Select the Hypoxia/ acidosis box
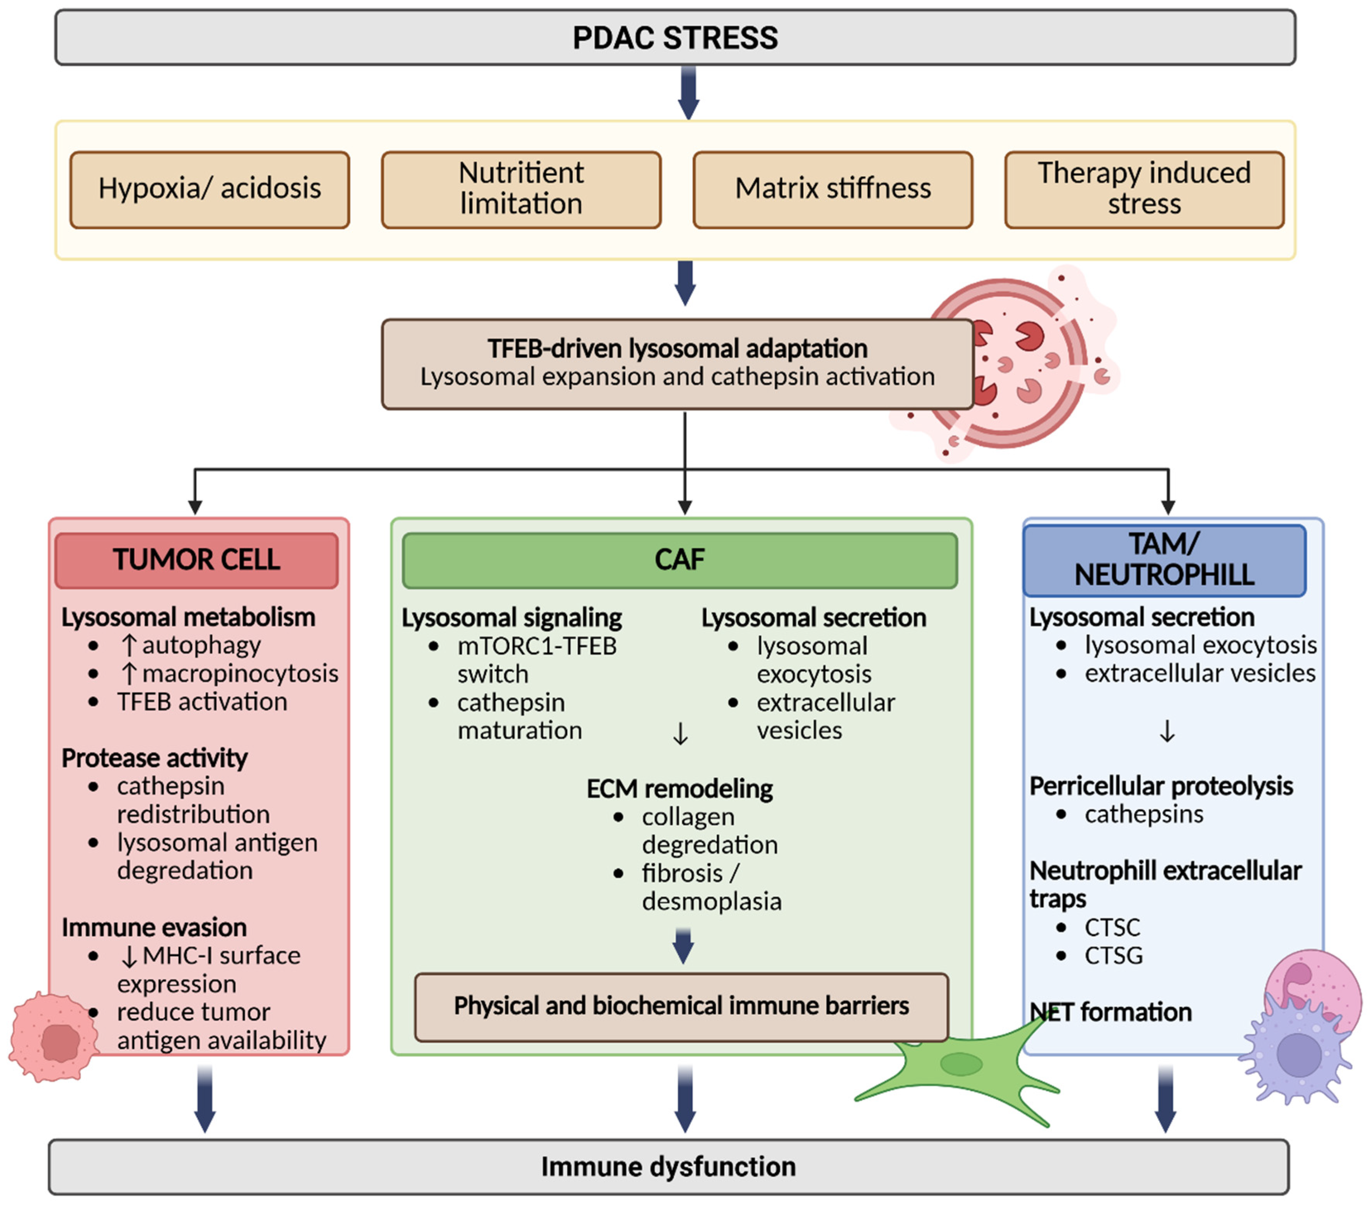point(210,189)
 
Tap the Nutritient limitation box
point(521,189)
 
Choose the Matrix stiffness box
point(833,189)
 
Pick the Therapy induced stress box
point(1144,189)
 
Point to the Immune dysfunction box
point(668,1167)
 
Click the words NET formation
point(1111,1012)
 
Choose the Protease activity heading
point(154,758)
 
